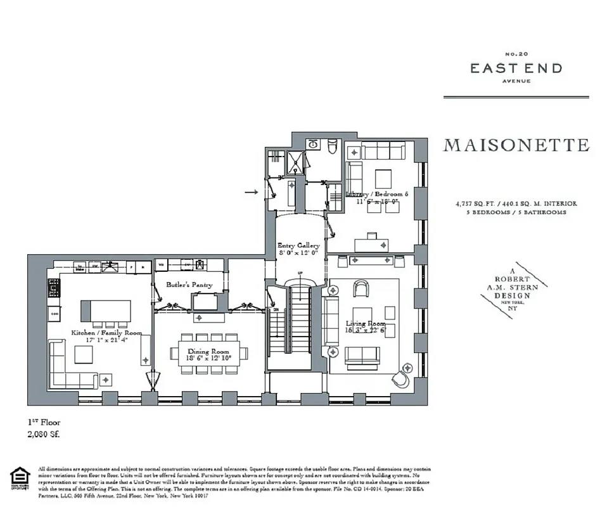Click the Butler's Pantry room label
point(189,285)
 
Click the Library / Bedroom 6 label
point(377,198)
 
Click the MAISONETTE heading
point(516,145)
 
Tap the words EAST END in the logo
point(516,68)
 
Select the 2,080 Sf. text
point(44,435)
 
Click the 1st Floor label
point(43,422)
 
